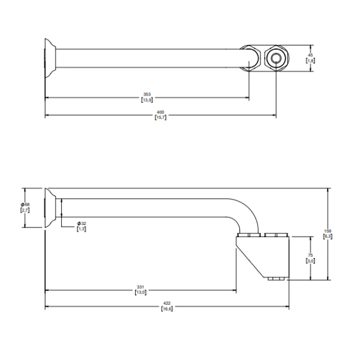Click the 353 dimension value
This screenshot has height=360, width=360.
tap(147, 94)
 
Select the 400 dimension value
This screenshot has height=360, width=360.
tap(160, 112)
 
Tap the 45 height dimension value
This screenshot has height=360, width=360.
tap(310, 55)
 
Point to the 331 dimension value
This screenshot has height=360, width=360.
tap(140, 287)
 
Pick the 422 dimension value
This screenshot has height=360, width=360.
tap(167, 303)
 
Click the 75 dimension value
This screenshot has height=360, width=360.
tap(310, 256)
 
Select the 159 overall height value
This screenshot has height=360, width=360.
tap(328, 231)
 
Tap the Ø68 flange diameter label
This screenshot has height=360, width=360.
tap(25, 205)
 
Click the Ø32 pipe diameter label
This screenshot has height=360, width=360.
tap(82, 223)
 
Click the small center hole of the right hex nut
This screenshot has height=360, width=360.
tap(275, 58)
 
